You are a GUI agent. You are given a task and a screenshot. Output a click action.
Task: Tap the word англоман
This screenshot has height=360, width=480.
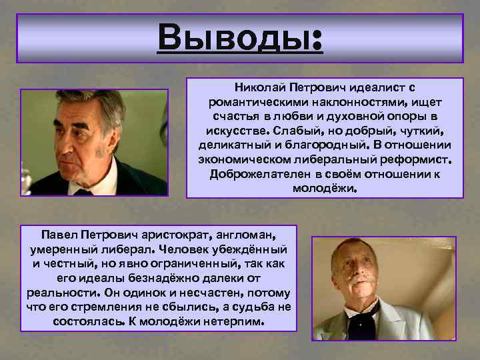point(247,234)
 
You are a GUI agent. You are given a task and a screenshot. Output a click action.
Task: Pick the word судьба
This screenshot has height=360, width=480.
point(253,307)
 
